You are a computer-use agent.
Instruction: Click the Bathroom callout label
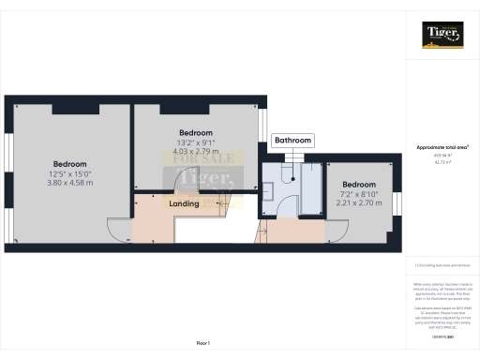point(292,141)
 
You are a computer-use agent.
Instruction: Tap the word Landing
point(183,203)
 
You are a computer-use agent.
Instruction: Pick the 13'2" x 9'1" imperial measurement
point(196,142)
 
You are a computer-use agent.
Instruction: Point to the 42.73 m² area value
point(442,161)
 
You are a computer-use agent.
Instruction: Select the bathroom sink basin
point(270,187)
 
